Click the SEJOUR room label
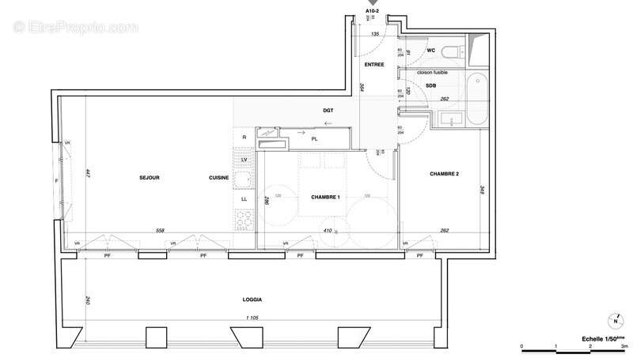click(149, 178)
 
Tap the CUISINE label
click(219, 178)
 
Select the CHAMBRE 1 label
click(324, 198)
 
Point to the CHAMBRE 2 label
click(445, 174)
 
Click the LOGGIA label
click(253, 300)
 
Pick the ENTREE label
click(374, 65)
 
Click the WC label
click(431, 51)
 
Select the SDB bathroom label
click(431, 85)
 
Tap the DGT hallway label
click(328, 111)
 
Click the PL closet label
click(314, 138)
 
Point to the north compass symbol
click(615, 321)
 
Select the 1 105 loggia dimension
click(252, 319)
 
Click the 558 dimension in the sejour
click(161, 231)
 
